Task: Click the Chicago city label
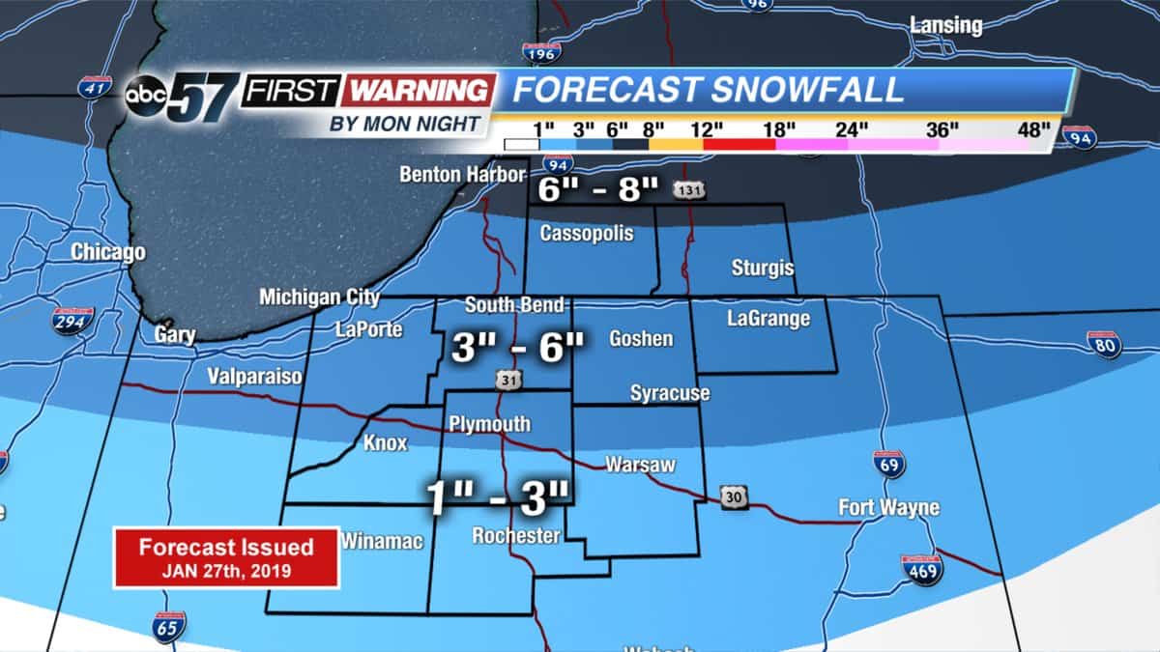[108, 253]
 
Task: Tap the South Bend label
[514, 305]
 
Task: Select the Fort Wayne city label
[888, 507]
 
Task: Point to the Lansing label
[946, 25]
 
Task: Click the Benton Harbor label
[463, 175]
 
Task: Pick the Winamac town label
[382, 542]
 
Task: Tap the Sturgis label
[763, 268]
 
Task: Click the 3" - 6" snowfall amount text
[518, 347]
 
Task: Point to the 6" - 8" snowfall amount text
[598, 190]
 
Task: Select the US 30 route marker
[735, 496]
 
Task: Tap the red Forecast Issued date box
[226, 557]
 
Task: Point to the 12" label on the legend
[707, 129]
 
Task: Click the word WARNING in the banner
[420, 91]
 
